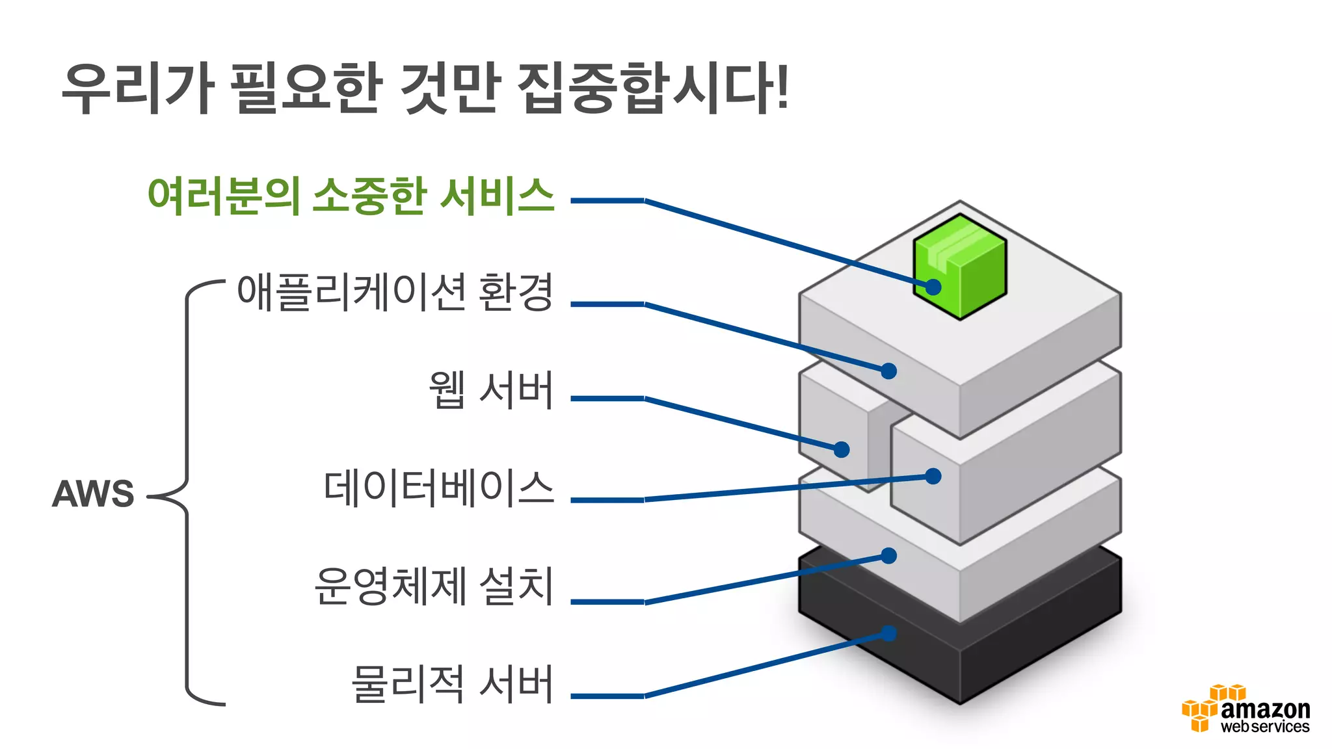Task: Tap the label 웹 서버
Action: coord(491,390)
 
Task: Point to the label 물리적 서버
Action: coord(452,684)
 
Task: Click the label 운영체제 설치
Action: coord(434,586)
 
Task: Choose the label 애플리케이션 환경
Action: coord(395,292)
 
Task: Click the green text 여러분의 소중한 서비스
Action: coord(351,195)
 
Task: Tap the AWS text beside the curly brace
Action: coord(93,493)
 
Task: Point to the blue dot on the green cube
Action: coord(933,287)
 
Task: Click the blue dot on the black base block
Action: coord(888,633)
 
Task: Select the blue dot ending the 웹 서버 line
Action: coord(842,449)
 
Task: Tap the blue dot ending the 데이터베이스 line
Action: coord(933,476)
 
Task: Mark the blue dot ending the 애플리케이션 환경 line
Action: coord(888,371)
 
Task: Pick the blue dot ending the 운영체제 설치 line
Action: coord(888,555)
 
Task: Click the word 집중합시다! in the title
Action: coord(654,88)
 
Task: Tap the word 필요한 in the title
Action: coord(306,88)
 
